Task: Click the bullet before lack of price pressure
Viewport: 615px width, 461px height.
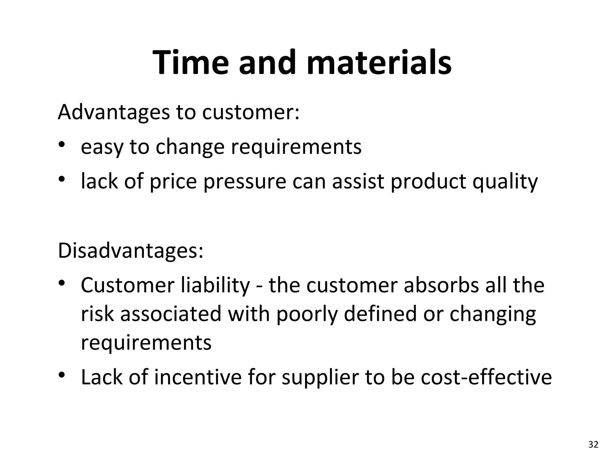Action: pos(62,179)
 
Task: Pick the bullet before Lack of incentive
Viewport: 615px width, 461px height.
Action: pos(62,375)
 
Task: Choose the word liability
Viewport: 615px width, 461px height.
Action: pos(215,285)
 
